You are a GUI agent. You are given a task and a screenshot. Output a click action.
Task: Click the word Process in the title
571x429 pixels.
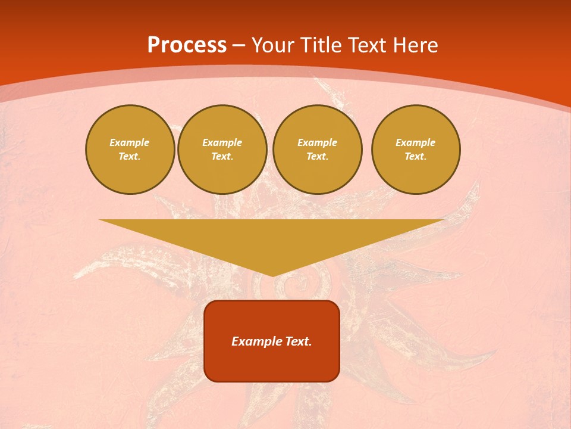[x=187, y=45]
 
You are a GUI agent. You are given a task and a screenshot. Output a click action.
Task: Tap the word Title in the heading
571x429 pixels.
[x=321, y=45]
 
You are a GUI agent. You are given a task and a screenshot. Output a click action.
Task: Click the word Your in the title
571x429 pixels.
[x=274, y=45]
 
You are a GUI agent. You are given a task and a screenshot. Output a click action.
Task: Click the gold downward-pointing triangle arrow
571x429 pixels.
[x=271, y=238]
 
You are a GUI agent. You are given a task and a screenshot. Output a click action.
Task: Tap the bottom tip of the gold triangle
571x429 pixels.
[x=272, y=275]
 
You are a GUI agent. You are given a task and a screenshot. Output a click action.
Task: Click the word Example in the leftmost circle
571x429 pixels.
[x=130, y=143]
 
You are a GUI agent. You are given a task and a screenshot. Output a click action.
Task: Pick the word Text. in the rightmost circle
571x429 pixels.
[x=416, y=157]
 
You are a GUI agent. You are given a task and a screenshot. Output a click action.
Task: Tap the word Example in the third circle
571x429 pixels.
[x=318, y=143]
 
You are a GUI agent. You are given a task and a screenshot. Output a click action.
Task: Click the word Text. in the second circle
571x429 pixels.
[x=222, y=157]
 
